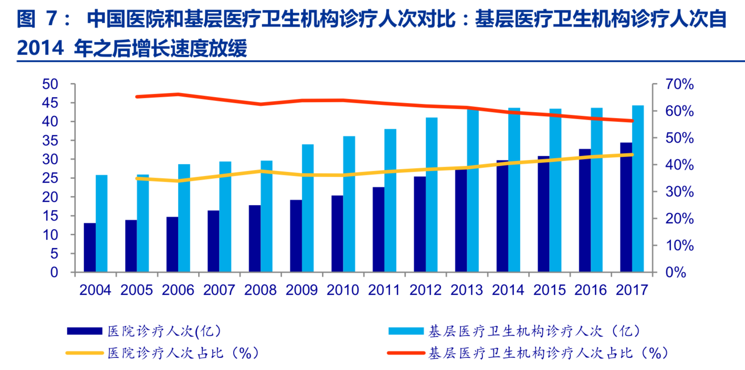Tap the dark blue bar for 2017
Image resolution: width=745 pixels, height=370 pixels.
626,207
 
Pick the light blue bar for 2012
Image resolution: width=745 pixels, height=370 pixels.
432,195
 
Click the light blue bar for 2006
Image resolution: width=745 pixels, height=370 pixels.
184,218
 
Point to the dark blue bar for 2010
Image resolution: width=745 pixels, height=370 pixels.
337,234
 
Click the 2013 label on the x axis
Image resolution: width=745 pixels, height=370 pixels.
467,290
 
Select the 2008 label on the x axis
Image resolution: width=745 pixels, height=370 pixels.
260,290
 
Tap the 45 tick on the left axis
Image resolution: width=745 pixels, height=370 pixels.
50,103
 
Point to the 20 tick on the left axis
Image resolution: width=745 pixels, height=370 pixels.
50,197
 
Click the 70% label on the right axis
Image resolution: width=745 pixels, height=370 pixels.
679,84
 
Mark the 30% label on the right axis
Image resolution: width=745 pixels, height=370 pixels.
679,192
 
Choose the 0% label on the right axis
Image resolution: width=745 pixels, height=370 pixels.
676,272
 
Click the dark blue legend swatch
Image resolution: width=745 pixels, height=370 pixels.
84,331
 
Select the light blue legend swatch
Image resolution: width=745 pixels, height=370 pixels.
406,331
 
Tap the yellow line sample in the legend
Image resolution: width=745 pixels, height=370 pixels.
84,353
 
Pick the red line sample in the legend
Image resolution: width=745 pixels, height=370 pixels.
406,353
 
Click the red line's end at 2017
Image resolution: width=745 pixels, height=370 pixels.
632,121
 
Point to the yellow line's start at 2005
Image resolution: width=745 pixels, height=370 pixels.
137,178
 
